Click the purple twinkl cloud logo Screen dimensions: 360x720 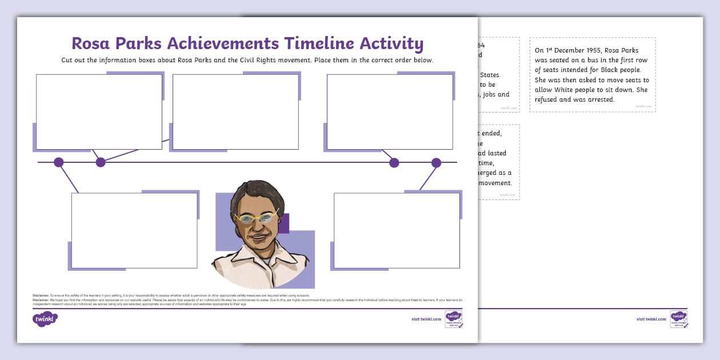(x=45, y=319)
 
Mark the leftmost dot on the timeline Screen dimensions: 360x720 (x=58, y=162)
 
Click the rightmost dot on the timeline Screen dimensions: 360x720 (x=436, y=163)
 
